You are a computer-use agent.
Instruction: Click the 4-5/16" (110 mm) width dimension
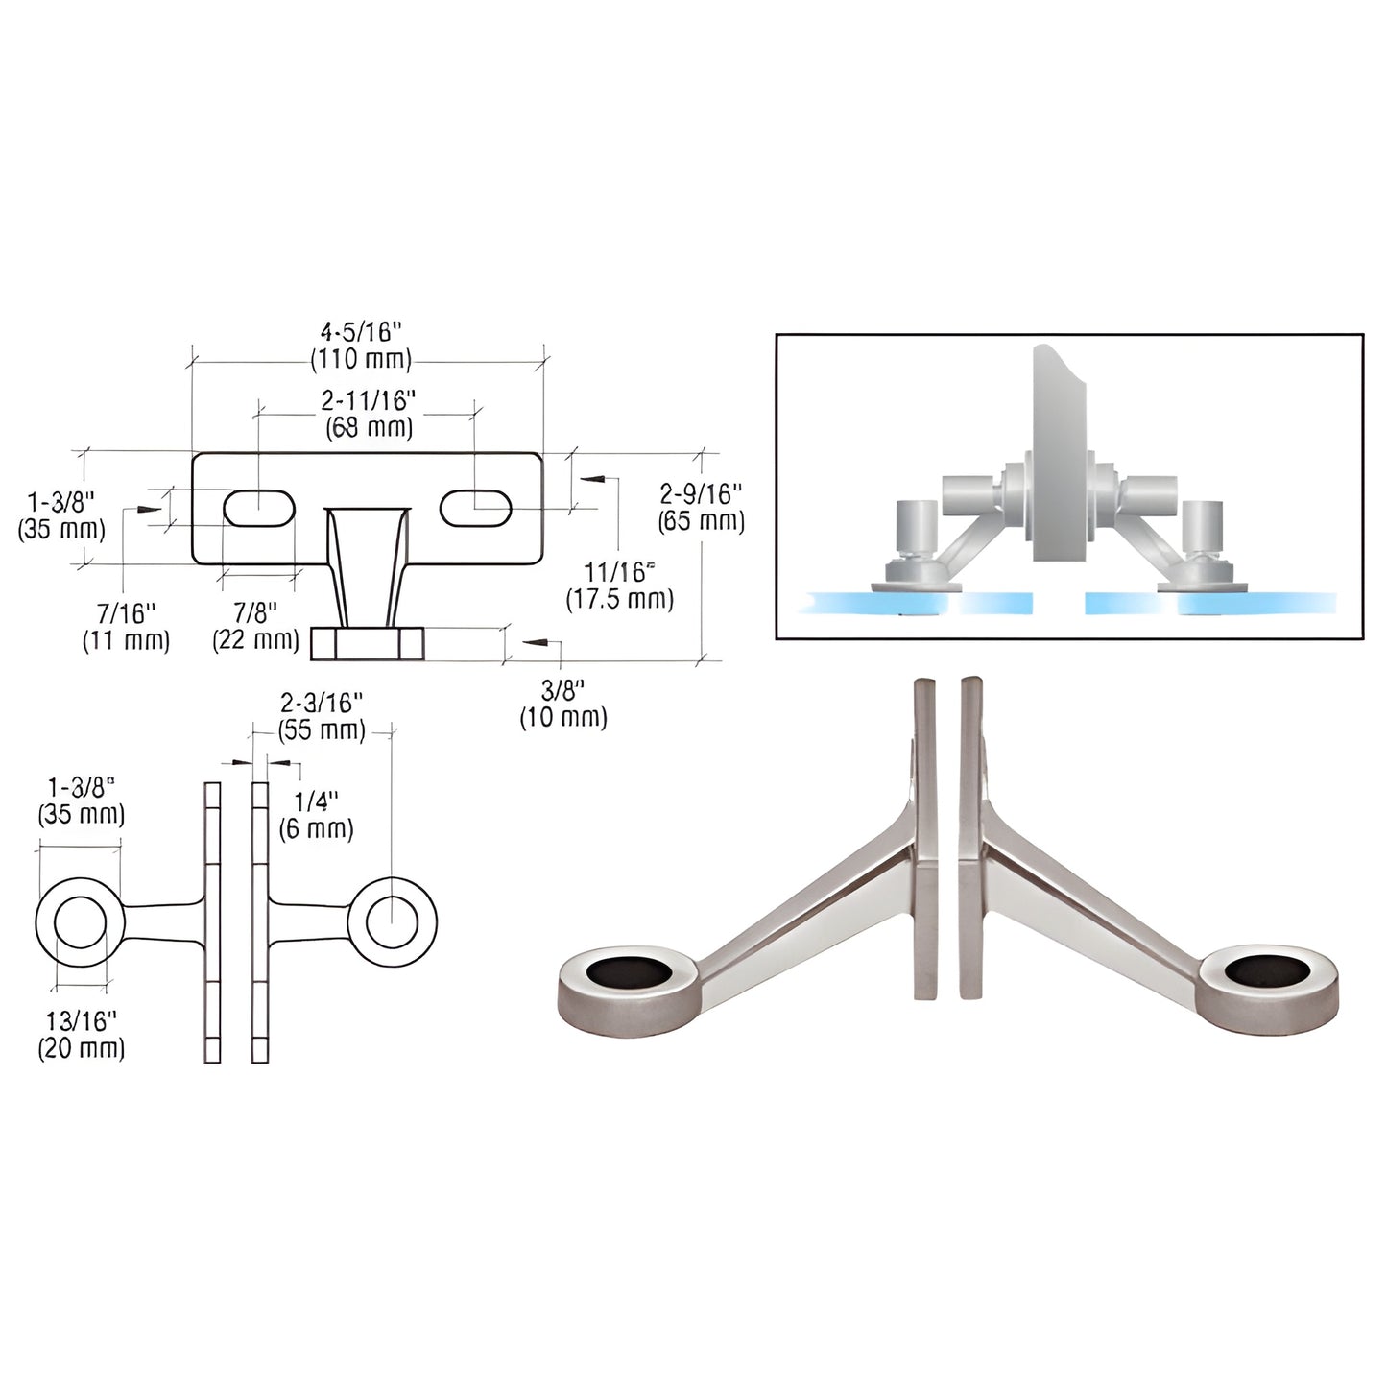[360, 346]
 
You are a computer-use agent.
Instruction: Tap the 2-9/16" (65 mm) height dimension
[701, 508]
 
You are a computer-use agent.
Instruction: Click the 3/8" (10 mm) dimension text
[563, 703]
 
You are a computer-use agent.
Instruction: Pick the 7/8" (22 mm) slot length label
[256, 626]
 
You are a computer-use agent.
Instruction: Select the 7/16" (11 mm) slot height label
[126, 626]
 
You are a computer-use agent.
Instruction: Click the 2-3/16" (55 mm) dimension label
[322, 717]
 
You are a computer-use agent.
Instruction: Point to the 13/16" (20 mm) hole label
[82, 1035]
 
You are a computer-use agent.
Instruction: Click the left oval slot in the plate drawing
[259, 508]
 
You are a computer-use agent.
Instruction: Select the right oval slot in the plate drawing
[476, 508]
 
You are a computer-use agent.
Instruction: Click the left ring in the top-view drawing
[81, 922]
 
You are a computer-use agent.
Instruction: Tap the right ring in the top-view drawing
[392, 922]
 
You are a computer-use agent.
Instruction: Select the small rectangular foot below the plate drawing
[368, 643]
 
